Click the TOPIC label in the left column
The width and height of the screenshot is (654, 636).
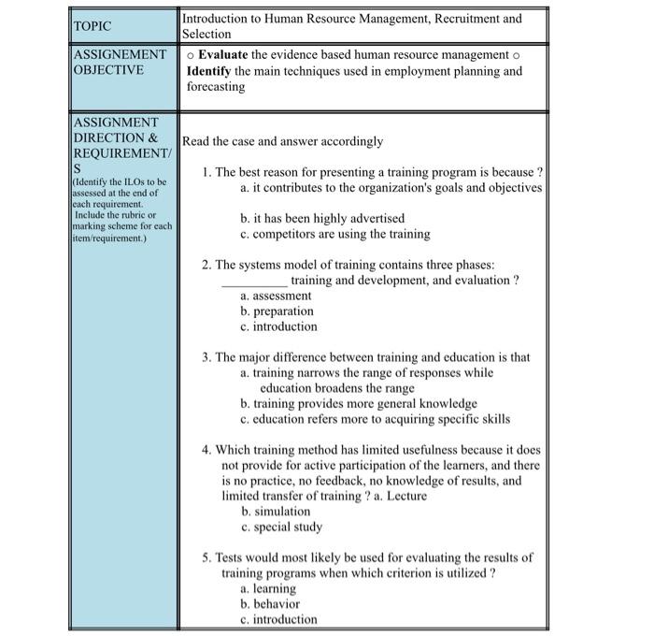[x=92, y=26]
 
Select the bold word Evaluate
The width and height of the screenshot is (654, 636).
[x=224, y=55]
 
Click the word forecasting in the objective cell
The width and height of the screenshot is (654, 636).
[x=216, y=87]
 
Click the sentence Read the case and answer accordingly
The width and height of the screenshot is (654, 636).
[x=283, y=141]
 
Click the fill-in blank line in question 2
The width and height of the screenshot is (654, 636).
[x=254, y=281]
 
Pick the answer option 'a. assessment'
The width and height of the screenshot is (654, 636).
[x=276, y=296]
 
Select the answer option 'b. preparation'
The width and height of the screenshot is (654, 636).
[x=277, y=311]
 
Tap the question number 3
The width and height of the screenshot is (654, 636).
[x=206, y=357]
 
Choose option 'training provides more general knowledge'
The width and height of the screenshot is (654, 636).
[x=359, y=404]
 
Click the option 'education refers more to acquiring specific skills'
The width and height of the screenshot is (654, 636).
[x=375, y=419]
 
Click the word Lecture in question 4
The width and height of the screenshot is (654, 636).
[x=405, y=496]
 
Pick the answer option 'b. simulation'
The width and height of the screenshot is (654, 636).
[x=276, y=512]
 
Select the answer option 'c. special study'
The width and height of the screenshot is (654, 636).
[x=281, y=527]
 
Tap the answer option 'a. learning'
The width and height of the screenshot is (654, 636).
[x=268, y=588]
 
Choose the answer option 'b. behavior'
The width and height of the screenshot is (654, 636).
[x=270, y=604]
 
